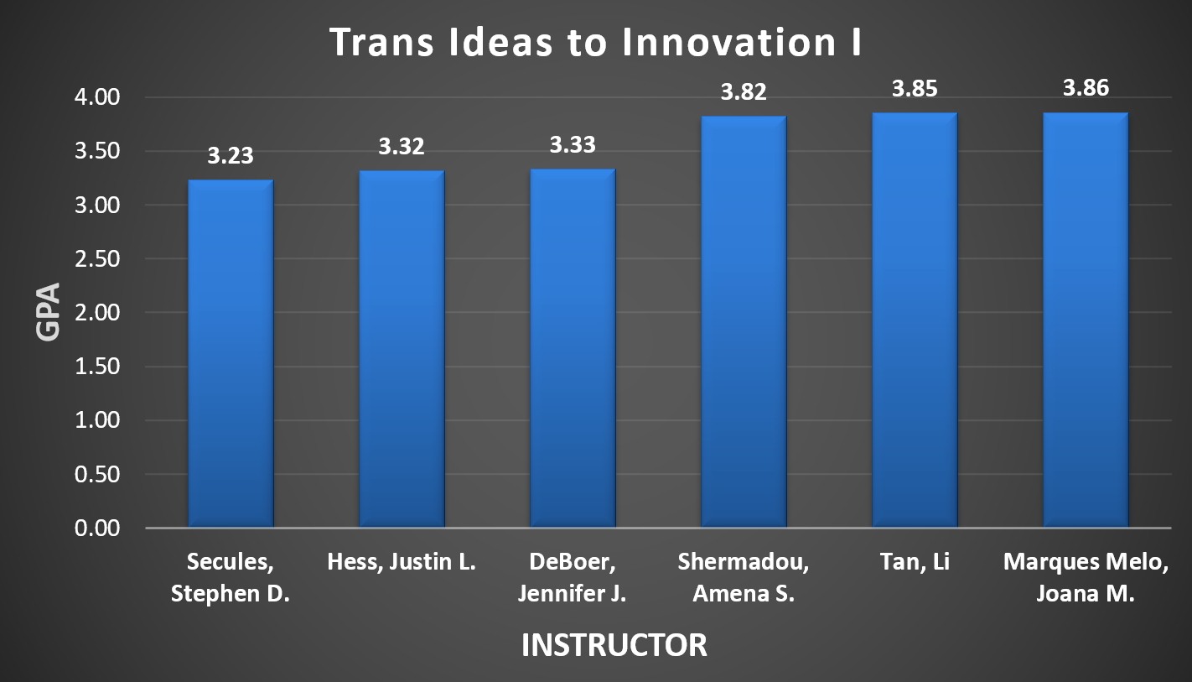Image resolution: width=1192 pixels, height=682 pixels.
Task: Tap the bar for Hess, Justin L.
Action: click(x=402, y=349)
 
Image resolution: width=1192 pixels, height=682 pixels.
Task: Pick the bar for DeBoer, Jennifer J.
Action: click(x=573, y=348)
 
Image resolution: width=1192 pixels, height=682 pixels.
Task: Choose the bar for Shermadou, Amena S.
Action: click(x=744, y=322)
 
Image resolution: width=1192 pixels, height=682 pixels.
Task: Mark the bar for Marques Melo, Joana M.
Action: click(x=1086, y=320)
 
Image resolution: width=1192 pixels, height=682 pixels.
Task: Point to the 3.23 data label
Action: click(x=231, y=156)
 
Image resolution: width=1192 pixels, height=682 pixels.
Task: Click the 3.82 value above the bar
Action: click(x=744, y=92)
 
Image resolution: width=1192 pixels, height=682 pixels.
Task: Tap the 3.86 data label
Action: click(x=1086, y=88)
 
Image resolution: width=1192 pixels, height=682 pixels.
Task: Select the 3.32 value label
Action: click(x=402, y=147)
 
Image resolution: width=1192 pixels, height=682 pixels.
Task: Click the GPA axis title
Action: click(x=48, y=312)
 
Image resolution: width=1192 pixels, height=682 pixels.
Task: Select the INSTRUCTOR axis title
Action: click(x=614, y=645)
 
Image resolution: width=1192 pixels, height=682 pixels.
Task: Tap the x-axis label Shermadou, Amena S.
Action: click(x=744, y=579)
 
